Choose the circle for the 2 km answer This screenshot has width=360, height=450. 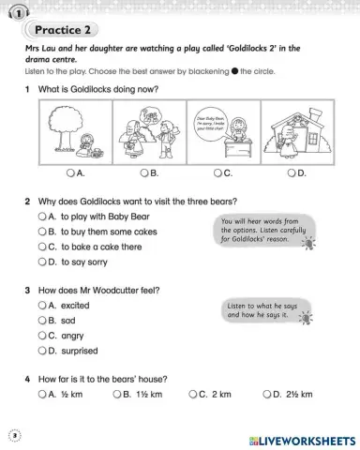coord(192,395)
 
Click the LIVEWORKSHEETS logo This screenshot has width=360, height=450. coord(300,439)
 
